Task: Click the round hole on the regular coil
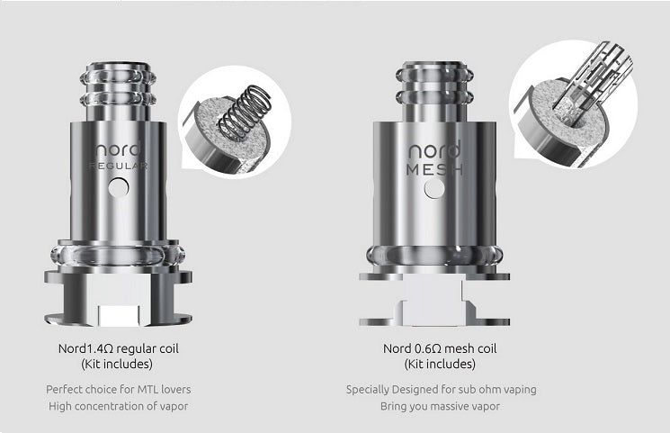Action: coord(119,187)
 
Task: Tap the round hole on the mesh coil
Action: coord(434,188)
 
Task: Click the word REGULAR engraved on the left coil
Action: coord(119,166)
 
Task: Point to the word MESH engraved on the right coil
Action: coord(434,170)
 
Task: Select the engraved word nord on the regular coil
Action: coord(118,149)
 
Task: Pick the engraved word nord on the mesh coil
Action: coord(434,149)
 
